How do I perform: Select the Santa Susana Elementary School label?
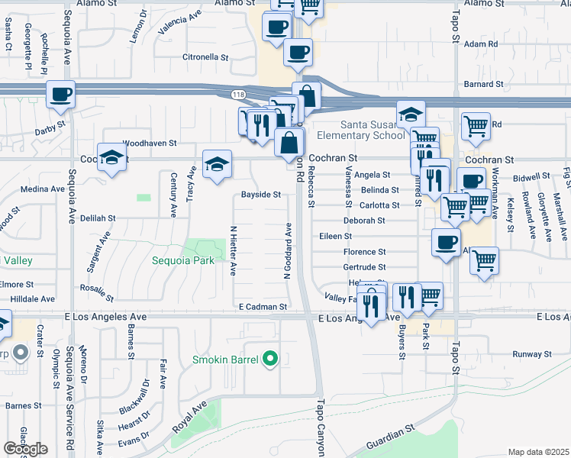click(373, 131)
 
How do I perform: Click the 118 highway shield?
click(238, 94)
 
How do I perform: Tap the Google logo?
click(25, 449)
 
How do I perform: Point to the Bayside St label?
click(261, 195)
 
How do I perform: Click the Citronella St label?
click(205, 57)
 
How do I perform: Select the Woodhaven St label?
click(150, 143)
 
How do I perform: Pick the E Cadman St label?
click(262, 306)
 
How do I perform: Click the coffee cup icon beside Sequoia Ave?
click(61, 95)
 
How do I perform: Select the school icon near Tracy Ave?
click(217, 164)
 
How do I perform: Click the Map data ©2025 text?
click(539, 452)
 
